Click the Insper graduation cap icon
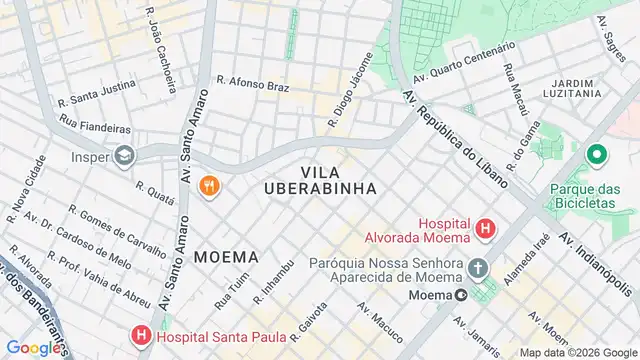coord(123,156)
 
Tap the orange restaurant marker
coord(209,185)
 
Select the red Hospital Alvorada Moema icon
coord(486,230)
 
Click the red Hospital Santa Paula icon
coord(142,337)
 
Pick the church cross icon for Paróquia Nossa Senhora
coord(478,268)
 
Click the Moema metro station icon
coord(461,295)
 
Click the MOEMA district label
coord(226,256)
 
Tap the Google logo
coord(35,347)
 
